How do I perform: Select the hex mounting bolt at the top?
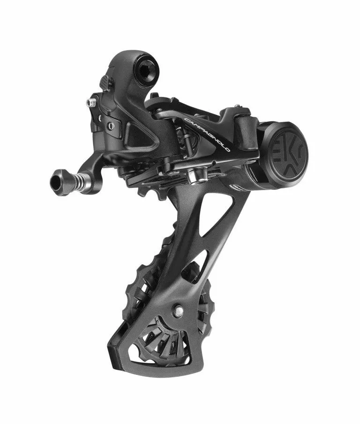coord(148,71)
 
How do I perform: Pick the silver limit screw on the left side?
coord(91,101)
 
